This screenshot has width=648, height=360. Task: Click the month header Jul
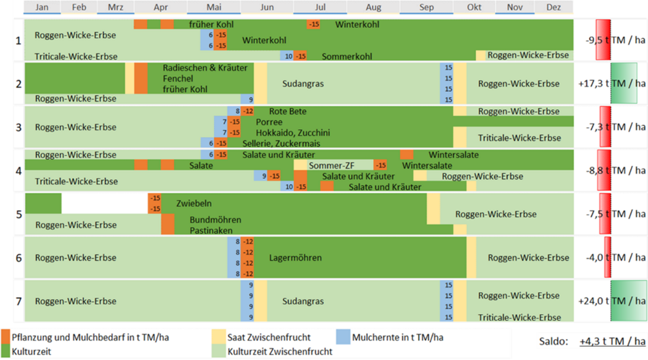point(320,7)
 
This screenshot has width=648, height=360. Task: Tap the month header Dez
point(554,7)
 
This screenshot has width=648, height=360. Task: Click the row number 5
point(19,214)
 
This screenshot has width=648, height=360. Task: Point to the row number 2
point(19,83)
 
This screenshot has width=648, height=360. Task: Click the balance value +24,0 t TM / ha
point(612,301)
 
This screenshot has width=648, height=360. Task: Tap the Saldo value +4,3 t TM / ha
point(613,341)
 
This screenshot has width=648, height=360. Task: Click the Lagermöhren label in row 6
point(295,258)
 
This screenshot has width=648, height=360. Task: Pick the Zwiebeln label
point(194,203)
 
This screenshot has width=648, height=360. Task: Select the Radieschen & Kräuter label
point(205,68)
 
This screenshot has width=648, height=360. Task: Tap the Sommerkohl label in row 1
point(347,56)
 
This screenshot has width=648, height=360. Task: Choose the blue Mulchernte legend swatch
point(343,337)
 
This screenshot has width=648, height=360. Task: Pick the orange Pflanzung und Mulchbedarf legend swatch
point(6,337)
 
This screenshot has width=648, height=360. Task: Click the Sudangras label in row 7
point(303,301)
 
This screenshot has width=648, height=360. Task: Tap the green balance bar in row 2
point(623,83)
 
